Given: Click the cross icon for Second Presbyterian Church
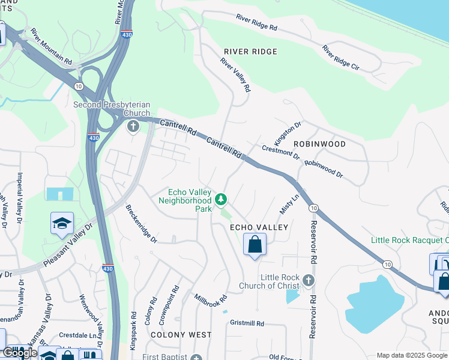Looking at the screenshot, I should point(133,126).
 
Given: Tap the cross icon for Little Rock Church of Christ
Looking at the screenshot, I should point(308,280).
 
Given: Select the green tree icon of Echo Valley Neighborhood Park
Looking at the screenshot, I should point(221,198).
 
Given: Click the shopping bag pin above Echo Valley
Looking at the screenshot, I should point(255,244).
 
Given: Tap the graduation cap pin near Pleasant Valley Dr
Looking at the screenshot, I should point(62,223).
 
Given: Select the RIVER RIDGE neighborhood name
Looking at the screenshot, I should point(250,52).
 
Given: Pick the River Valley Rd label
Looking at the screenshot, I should point(235,74).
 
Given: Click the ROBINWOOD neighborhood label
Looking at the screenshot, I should point(319,144).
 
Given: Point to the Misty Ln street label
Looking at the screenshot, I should point(289,205).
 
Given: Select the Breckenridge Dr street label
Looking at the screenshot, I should point(141,224).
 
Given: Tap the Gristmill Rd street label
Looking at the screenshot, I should point(247,323).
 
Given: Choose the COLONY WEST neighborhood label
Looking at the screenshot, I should point(181,334).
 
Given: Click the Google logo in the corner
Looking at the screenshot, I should point(20,353).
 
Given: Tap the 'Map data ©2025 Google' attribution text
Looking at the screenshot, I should point(411,355).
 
